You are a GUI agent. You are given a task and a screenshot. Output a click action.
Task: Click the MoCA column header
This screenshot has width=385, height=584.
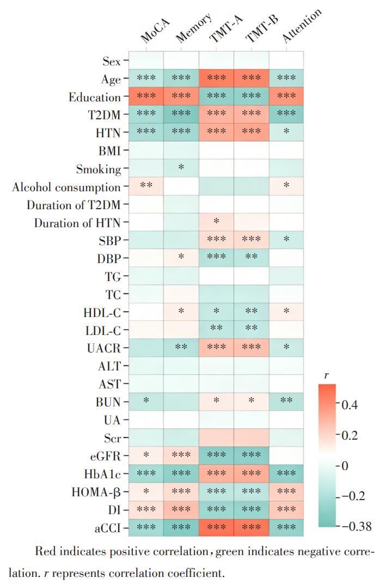pos(155,31)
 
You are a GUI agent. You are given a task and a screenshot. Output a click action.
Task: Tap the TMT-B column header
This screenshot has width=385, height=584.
pos(262,29)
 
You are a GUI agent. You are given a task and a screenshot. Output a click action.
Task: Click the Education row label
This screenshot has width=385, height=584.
pos(95,97)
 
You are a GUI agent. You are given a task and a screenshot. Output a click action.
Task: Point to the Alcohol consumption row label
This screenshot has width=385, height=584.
pos(66,187)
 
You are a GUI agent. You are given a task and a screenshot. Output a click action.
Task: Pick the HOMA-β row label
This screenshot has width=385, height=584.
pos(96,492)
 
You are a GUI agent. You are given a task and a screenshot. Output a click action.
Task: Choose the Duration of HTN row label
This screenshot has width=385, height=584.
pos(77,223)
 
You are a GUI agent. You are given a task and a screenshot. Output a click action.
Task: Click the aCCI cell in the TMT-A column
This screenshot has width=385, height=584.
pos(216,527)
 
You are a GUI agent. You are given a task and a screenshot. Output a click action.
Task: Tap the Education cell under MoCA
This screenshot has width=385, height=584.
pos(146,96)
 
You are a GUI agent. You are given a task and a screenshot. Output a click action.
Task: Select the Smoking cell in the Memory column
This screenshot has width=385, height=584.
pos(181,168)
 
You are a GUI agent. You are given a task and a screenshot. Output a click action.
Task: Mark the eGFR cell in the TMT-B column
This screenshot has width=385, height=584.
pos(252,455)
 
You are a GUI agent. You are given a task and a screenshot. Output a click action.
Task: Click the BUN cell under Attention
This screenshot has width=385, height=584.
pos(286,401)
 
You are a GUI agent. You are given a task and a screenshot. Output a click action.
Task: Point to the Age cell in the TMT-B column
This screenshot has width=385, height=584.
pos(252,78)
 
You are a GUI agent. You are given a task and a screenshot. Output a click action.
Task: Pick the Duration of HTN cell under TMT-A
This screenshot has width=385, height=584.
pos(216,222)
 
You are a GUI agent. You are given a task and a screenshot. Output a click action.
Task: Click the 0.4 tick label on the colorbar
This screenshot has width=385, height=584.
pos(350,404)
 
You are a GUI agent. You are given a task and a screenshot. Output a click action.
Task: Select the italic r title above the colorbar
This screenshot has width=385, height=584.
pos(327,375)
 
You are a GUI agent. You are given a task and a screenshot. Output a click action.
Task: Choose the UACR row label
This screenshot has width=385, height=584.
pos(104,348)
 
